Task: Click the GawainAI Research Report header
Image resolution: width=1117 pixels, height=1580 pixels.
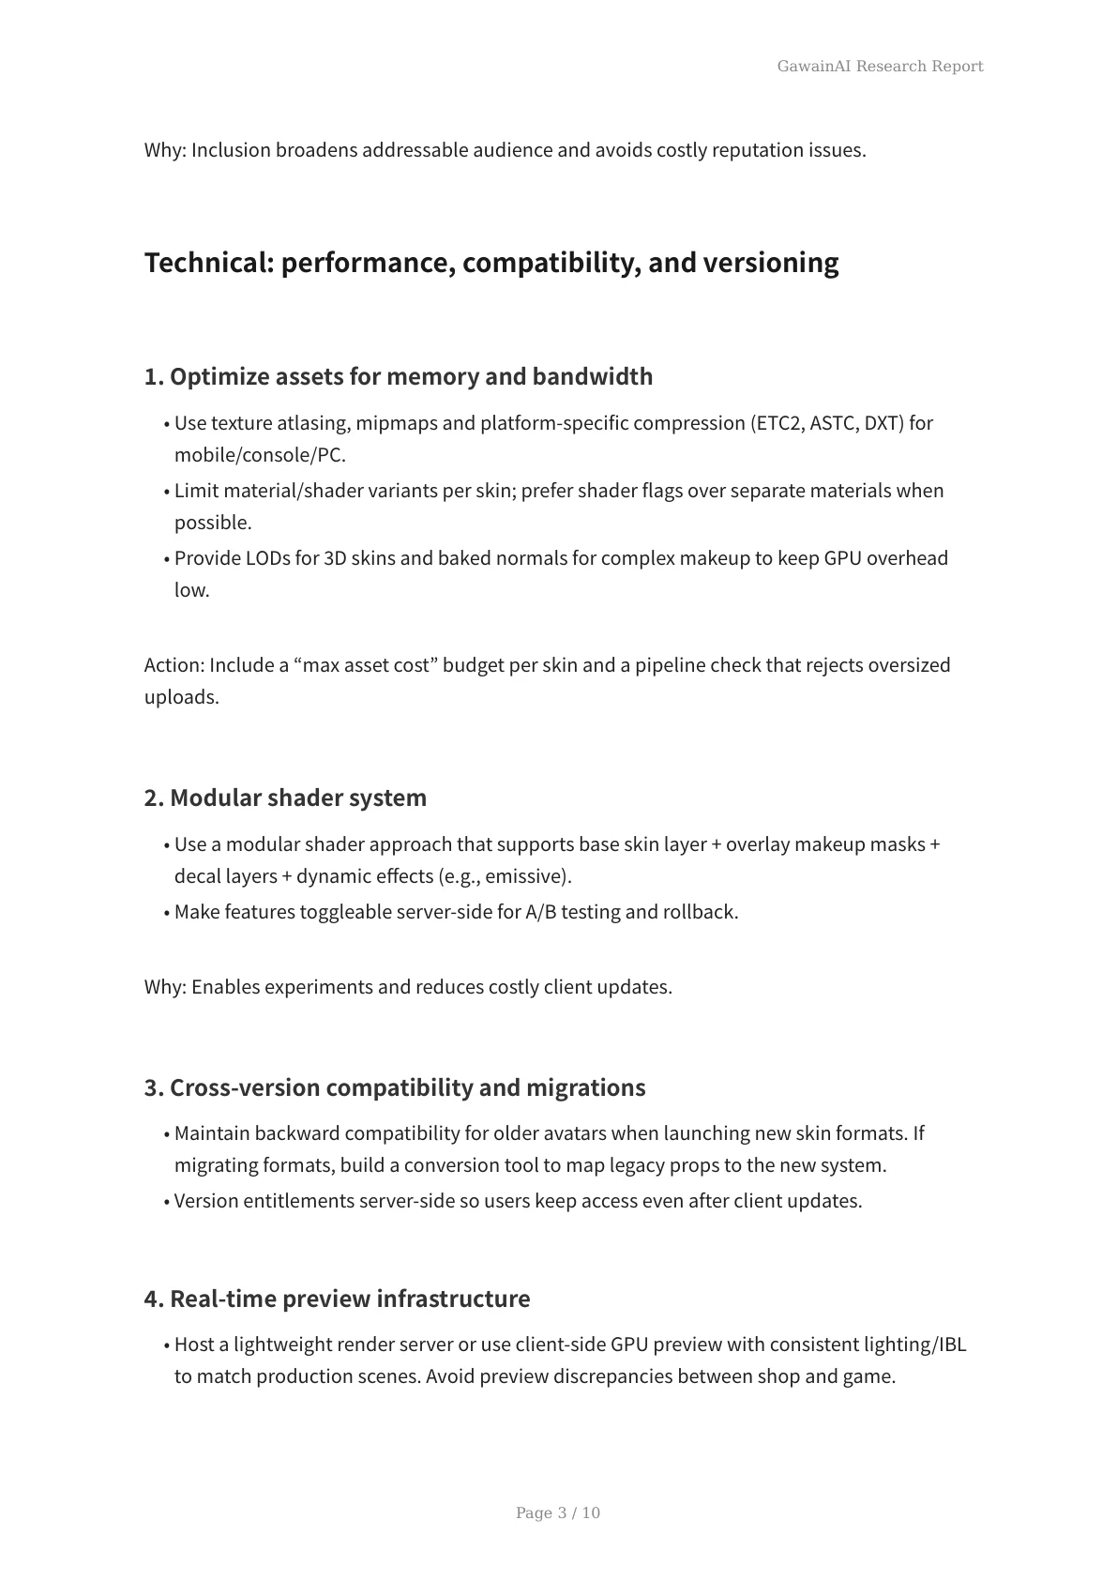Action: [880, 66]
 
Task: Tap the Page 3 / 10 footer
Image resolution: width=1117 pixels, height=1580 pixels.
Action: [558, 1512]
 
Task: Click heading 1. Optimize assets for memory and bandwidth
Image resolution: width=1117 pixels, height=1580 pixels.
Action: [399, 376]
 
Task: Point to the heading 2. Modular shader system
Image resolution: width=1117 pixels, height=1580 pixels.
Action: [285, 798]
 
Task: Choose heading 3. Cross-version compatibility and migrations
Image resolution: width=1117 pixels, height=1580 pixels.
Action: [395, 1087]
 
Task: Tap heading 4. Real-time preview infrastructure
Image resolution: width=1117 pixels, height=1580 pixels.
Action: [337, 1299]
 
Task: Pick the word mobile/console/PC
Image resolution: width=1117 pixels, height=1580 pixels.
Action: [259, 455]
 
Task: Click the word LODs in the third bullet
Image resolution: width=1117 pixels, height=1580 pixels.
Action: [267, 558]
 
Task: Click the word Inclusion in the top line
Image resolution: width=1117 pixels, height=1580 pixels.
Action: [231, 150]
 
